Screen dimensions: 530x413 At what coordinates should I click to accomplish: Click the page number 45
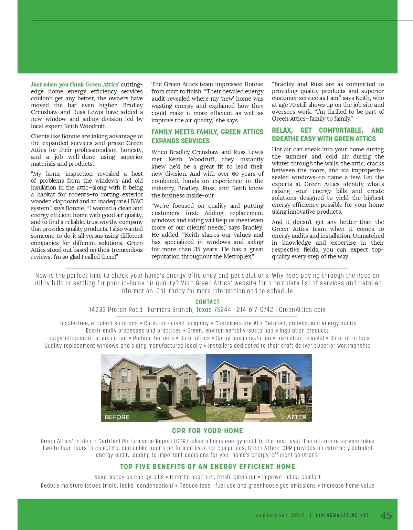(x=386, y=515)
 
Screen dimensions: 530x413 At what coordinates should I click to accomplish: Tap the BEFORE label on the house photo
(x=117, y=417)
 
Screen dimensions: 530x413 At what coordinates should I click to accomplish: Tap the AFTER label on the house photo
(x=296, y=417)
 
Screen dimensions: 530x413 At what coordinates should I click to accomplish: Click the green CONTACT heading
(x=207, y=302)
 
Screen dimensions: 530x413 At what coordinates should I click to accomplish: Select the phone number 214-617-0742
(x=255, y=309)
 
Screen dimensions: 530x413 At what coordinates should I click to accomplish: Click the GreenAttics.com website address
(x=302, y=309)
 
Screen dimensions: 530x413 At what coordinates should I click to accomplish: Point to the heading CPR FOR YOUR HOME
(x=207, y=431)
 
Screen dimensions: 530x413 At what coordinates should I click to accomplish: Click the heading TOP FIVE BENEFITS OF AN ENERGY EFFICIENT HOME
(x=208, y=467)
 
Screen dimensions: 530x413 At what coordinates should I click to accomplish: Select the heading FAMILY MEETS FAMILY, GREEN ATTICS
(x=207, y=132)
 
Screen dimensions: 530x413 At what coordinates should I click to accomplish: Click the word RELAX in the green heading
(x=282, y=130)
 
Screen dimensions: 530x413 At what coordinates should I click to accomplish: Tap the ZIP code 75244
(x=222, y=309)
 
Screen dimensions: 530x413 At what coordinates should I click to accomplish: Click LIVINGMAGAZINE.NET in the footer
(x=342, y=515)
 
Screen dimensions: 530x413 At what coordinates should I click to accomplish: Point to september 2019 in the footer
(x=280, y=515)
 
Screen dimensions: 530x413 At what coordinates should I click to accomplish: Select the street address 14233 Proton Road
(x=116, y=309)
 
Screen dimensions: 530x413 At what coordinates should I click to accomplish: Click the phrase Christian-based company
(x=176, y=323)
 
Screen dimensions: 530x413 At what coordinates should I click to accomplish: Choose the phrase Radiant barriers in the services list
(x=153, y=338)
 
